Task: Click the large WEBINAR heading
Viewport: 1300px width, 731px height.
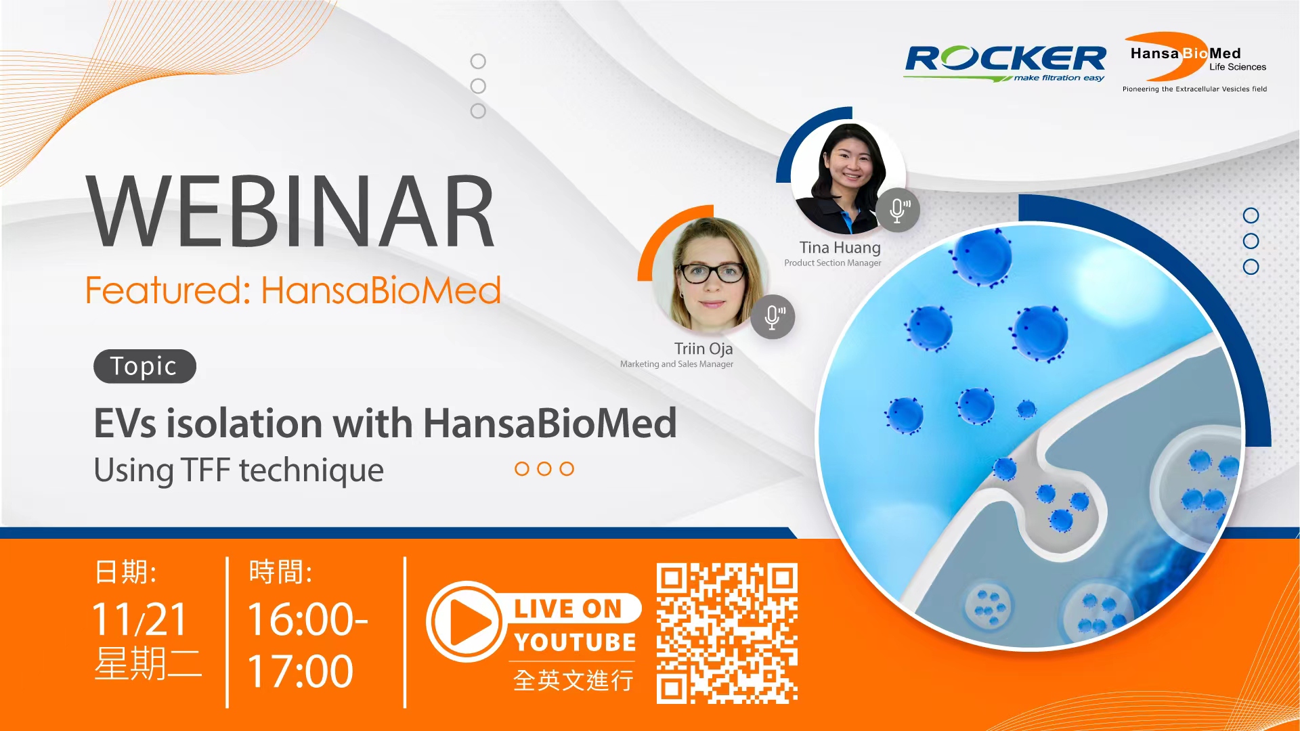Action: [291, 211]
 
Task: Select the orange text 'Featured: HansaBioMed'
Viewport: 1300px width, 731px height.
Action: [292, 291]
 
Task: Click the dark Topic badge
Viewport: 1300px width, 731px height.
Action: [144, 366]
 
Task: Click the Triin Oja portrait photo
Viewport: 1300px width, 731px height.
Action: [710, 275]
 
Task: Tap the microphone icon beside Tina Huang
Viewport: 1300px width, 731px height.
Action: [898, 211]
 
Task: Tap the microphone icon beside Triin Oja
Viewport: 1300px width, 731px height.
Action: [773, 317]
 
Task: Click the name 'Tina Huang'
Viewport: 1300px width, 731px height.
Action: [840, 248]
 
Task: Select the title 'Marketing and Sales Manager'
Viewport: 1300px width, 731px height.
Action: [676, 364]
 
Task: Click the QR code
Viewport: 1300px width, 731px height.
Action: [727, 634]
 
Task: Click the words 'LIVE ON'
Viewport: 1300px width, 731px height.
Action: [567, 608]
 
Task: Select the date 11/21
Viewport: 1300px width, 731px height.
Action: [139, 619]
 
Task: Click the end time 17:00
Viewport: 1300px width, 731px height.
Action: [300, 671]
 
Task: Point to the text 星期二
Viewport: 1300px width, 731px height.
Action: [148, 664]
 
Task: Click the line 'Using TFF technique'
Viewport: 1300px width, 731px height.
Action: [238, 470]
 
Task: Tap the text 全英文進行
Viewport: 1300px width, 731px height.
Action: [573, 680]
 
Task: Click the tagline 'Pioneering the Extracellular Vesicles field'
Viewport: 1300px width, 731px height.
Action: [1194, 89]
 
